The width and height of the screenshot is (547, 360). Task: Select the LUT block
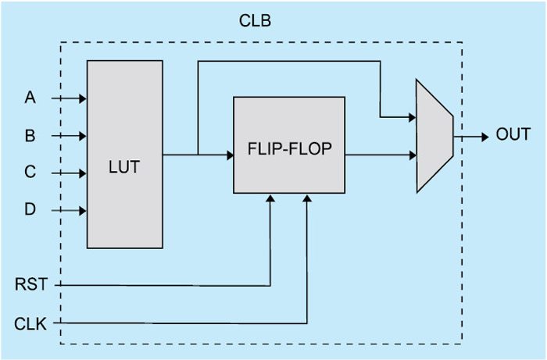125,155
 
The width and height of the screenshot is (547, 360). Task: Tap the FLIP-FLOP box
288,145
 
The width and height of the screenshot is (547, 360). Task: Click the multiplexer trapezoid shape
434,135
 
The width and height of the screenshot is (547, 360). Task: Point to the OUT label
513,134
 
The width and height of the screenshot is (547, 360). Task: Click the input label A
30,98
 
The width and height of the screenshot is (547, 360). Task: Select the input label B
30,136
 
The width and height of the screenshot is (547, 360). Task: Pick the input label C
30,173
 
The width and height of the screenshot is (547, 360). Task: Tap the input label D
30,210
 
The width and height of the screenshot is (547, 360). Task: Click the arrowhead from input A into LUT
82,99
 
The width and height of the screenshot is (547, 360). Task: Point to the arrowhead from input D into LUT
82,210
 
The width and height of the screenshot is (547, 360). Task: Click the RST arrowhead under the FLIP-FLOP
270,198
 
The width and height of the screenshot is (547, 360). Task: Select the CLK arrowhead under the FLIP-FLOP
307,198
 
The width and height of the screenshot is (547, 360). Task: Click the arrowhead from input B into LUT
82,136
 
